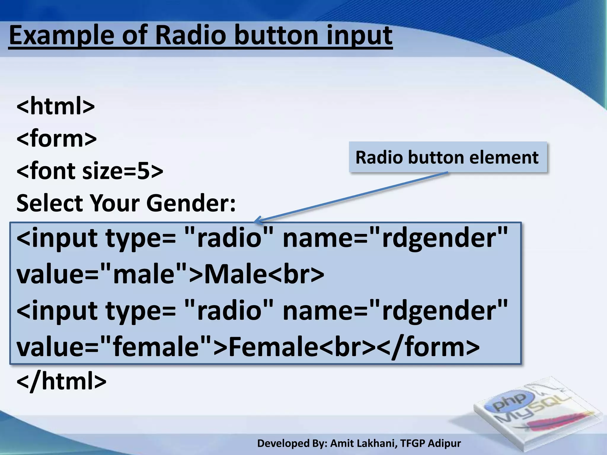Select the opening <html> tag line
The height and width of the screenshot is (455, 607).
click(x=55, y=106)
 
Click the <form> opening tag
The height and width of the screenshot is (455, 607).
click(x=56, y=138)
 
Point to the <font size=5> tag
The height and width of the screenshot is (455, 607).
click(x=90, y=171)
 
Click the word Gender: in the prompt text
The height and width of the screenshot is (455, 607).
click(x=191, y=203)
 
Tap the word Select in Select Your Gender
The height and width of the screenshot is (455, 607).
click(x=49, y=203)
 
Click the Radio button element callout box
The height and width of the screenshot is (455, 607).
click(x=447, y=157)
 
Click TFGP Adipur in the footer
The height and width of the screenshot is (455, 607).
click(x=430, y=443)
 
